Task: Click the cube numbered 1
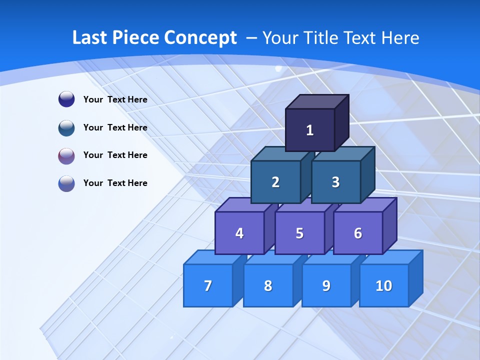[310, 130]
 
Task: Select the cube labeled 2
[275, 182]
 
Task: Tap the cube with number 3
[335, 182]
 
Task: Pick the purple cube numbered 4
[239, 233]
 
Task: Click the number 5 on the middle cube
[299, 233]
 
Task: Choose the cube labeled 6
[358, 233]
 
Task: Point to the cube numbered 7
[208, 285]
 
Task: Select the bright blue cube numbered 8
[268, 285]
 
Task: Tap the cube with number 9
[326, 285]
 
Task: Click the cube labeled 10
[384, 285]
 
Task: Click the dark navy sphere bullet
[66, 99]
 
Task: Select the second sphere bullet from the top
[66, 127]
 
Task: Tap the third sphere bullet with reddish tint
[66, 155]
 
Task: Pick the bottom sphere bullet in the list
[66, 183]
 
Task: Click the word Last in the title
[90, 37]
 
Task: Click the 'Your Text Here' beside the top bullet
[115, 99]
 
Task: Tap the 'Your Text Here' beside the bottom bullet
[115, 183]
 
